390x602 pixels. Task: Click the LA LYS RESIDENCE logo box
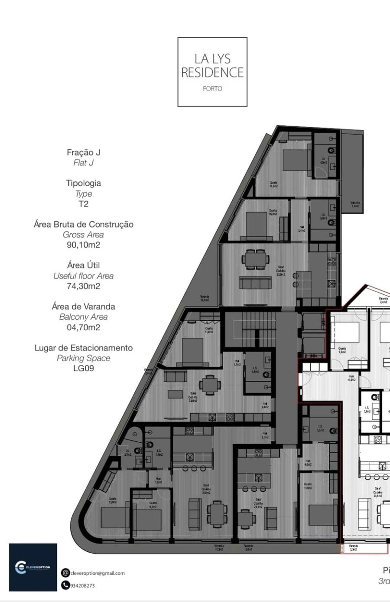[x=212, y=71]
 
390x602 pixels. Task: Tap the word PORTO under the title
[x=212, y=89]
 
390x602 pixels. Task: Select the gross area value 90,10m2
[x=83, y=245]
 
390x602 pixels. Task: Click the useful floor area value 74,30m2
[x=83, y=286]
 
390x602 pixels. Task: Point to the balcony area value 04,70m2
[x=83, y=328]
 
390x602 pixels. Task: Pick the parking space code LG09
[x=83, y=369]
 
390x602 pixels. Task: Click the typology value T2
[x=83, y=204]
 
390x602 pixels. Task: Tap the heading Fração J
[x=83, y=152]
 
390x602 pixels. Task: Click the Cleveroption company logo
[x=33, y=567]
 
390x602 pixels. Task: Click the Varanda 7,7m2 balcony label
[x=355, y=204]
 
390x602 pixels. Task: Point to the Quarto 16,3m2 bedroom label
[x=273, y=184]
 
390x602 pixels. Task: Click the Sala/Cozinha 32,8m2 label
[x=281, y=271]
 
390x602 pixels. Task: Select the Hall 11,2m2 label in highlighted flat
[x=351, y=378]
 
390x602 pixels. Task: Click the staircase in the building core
[x=250, y=331]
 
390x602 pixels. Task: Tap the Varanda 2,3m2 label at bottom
[x=354, y=548]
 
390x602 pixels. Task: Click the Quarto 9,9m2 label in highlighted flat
[x=342, y=350]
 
